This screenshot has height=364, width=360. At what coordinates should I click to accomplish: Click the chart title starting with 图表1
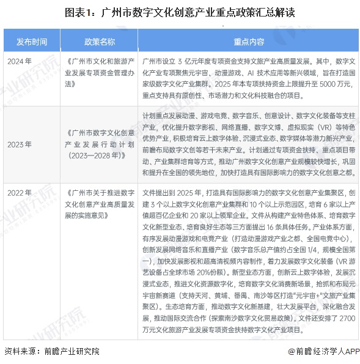pos(180,11)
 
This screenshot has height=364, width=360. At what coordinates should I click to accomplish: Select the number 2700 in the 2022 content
pos(346,319)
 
